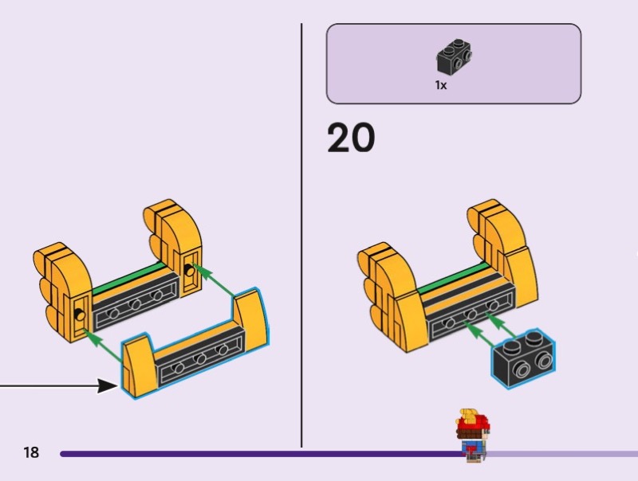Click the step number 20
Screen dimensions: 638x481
coord(351,138)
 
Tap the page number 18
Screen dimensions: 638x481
coord(31,452)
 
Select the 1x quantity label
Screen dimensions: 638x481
coord(441,85)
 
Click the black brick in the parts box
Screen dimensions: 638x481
coord(454,57)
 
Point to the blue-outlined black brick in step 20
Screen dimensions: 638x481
coord(524,358)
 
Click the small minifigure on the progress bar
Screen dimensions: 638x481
coord(472,435)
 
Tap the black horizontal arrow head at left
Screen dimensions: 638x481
coord(108,386)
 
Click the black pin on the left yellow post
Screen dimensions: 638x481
coord(81,315)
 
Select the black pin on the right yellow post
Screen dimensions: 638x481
coord(190,269)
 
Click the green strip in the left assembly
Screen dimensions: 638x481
coord(128,279)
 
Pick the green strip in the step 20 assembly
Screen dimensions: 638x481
coord(454,279)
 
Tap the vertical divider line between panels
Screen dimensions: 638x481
coord(301,236)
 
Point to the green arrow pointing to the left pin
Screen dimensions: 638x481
coord(103,346)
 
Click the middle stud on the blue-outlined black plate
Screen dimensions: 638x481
coord(200,358)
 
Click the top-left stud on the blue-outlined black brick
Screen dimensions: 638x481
coord(510,348)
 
